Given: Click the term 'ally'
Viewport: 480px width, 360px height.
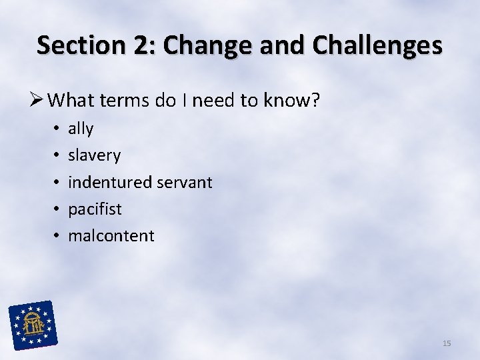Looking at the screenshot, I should (81, 129).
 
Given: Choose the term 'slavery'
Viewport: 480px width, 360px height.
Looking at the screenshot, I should (94, 155).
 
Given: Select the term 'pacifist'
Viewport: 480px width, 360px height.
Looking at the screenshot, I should (95, 209).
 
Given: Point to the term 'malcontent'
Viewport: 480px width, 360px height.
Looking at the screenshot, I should (111, 235).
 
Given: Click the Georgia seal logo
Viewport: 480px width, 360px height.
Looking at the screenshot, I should (33, 325).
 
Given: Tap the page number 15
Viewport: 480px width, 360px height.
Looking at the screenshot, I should (447, 343).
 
